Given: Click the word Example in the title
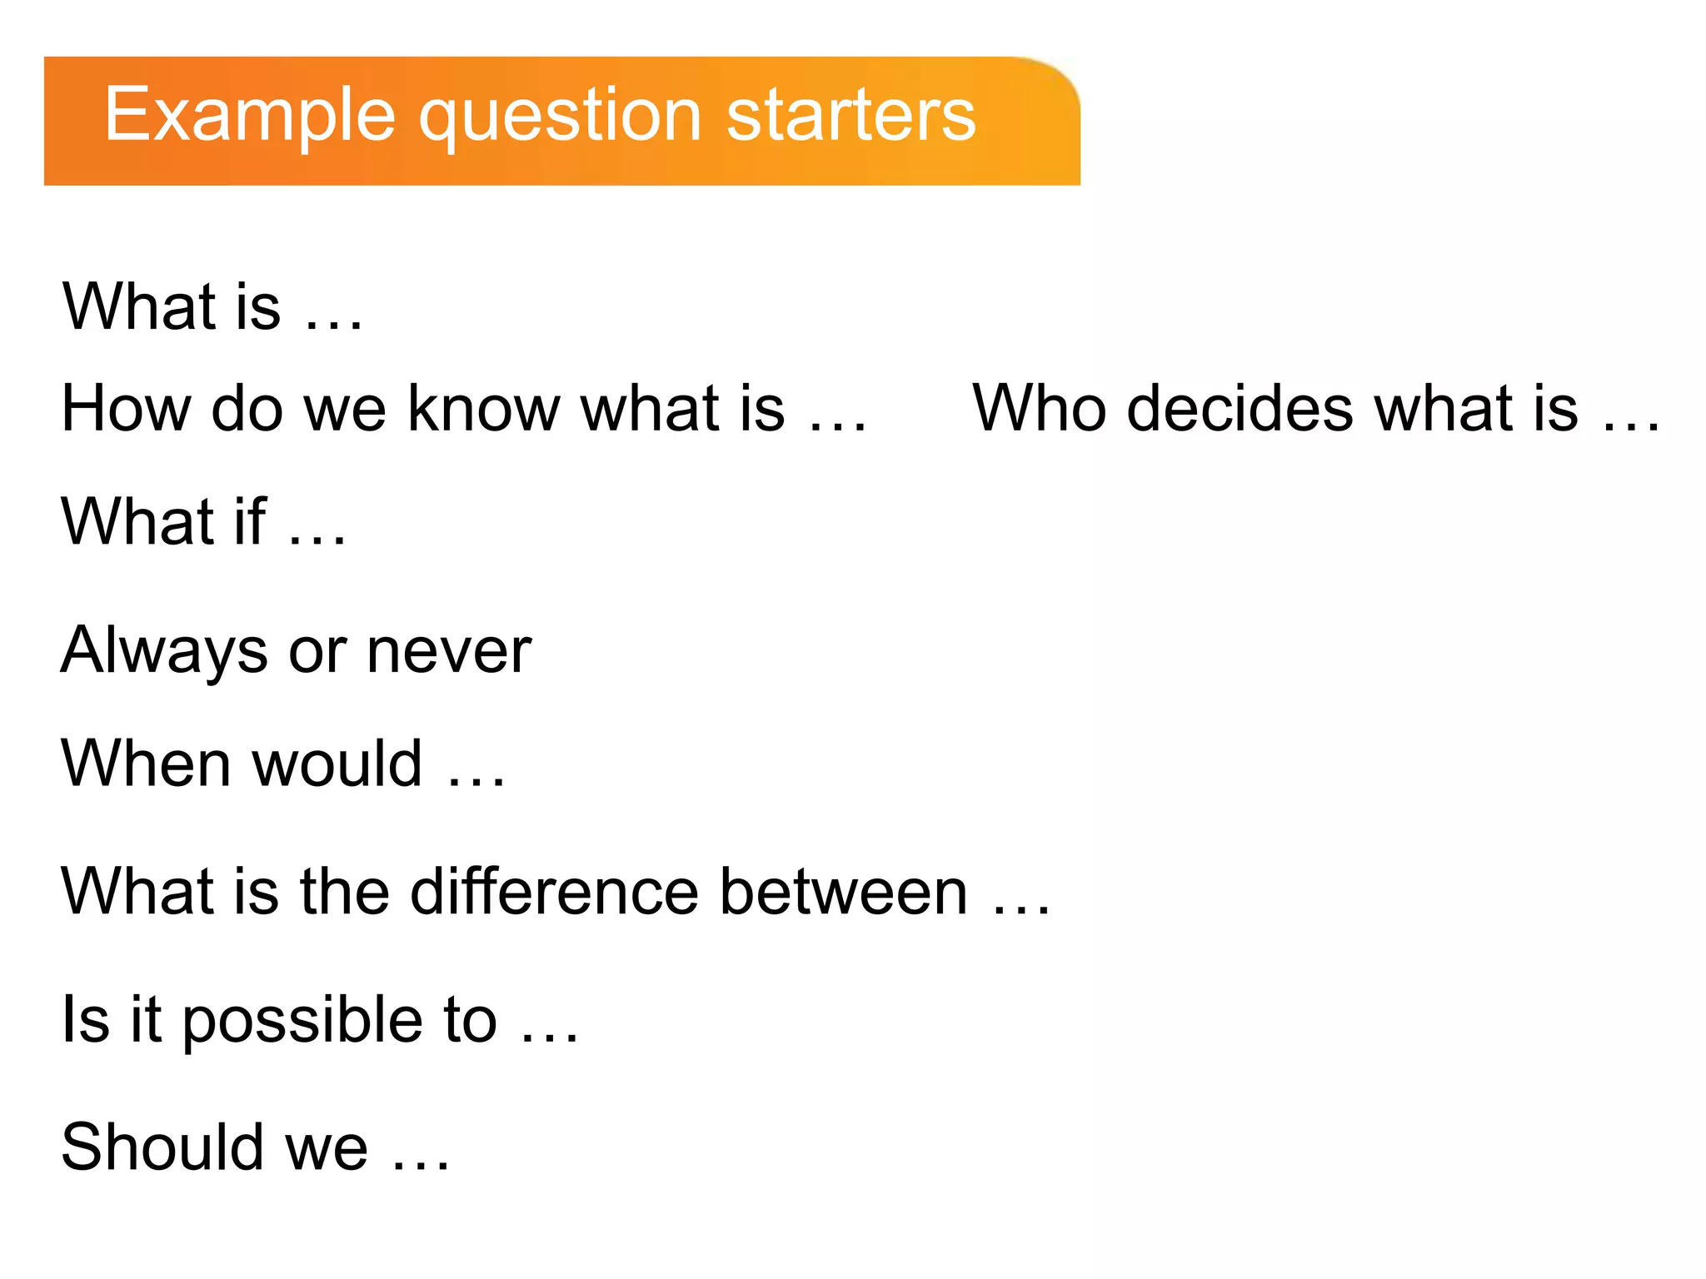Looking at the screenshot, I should tap(249, 116).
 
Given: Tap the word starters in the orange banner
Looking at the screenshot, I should tap(851, 116).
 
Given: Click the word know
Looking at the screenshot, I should tap(484, 409).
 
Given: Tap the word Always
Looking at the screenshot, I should tap(164, 651).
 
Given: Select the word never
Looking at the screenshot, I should tap(449, 651).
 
